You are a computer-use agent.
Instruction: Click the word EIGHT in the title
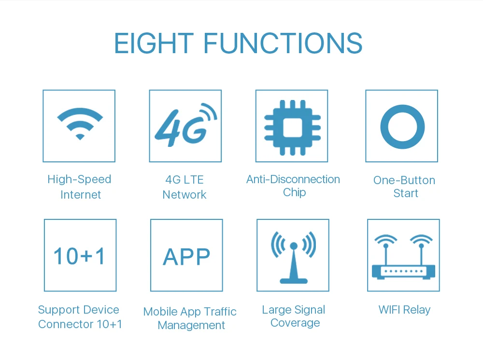click(154, 43)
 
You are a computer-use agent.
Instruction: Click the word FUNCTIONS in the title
click(283, 43)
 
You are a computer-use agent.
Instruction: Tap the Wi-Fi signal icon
click(80, 124)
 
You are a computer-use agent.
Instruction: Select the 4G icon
click(186, 125)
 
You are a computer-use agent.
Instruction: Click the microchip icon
click(292, 127)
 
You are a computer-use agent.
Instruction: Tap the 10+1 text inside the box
click(80, 256)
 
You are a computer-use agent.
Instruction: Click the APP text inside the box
click(186, 257)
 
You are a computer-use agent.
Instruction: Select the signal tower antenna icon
click(294, 258)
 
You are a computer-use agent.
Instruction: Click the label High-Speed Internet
click(80, 187)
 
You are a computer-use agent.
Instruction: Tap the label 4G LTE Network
click(185, 187)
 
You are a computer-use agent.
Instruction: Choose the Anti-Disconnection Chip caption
click(293, 186)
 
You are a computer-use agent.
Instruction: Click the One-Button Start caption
click(404, 187)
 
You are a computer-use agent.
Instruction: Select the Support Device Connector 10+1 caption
click(80, 317)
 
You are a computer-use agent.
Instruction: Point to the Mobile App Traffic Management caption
click(190, 318)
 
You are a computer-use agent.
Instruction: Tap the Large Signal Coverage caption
click(294, 317)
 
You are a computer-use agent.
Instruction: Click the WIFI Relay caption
click(404, 310)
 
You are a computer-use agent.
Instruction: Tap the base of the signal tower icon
click(294, 281)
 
